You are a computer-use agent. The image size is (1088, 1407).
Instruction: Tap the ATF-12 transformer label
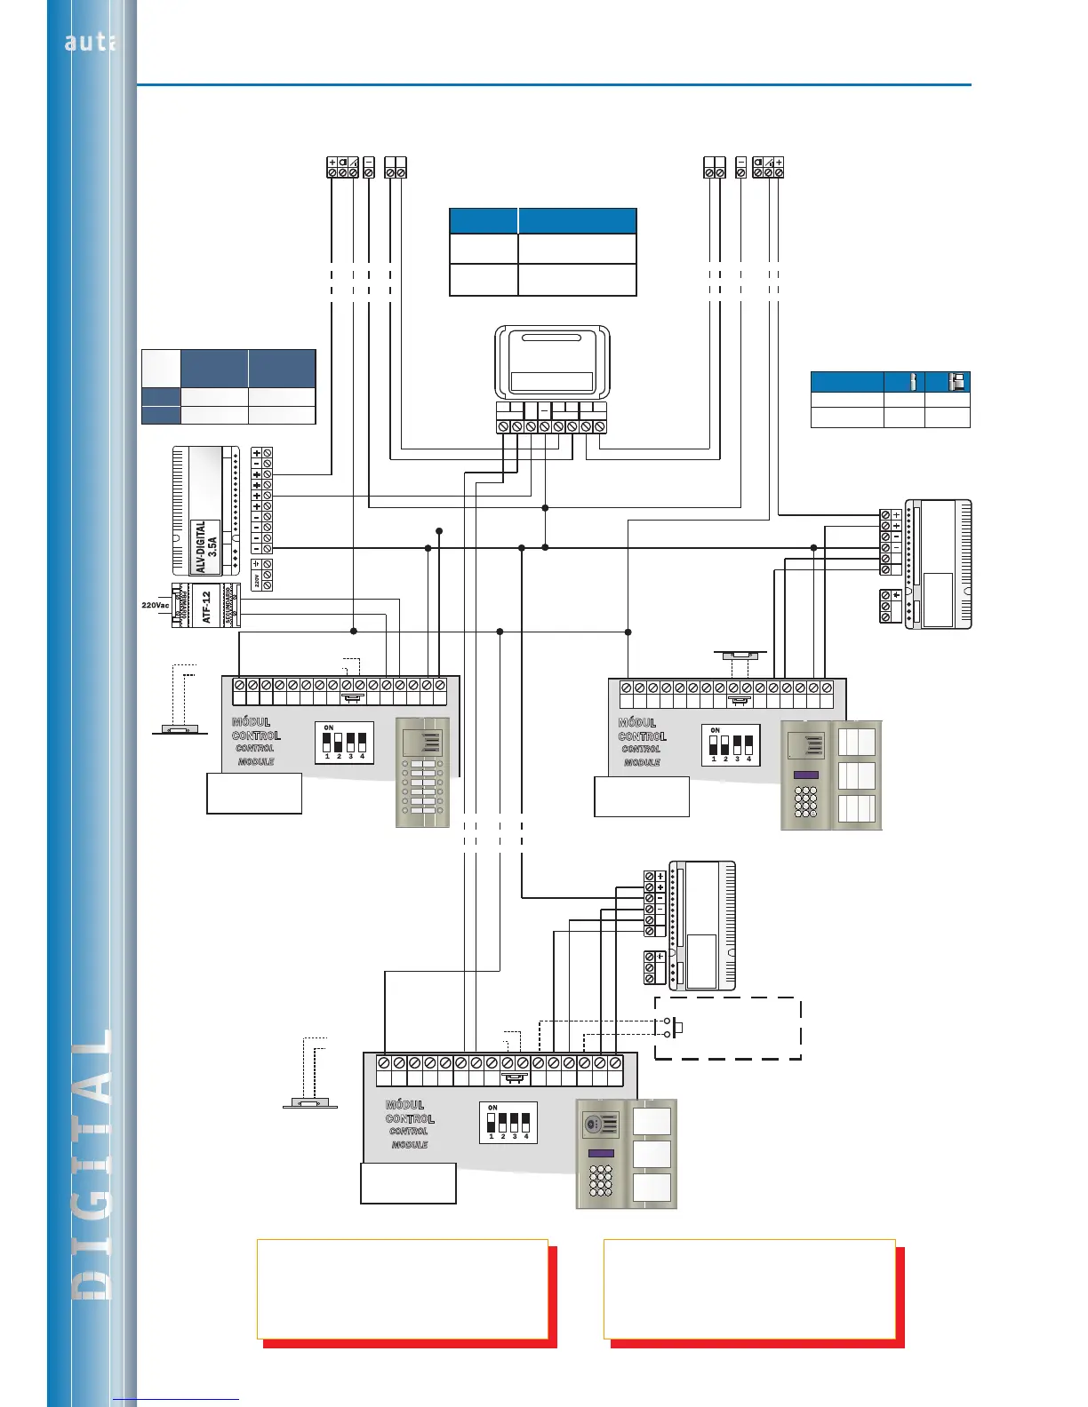(206, 607)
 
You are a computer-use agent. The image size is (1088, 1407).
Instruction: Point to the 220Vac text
(155, 605)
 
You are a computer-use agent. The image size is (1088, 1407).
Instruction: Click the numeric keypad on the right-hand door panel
(805, 801)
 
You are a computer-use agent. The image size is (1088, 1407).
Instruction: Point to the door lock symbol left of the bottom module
(309, 1103)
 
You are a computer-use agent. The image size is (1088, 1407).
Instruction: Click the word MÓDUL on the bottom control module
(404, 1105)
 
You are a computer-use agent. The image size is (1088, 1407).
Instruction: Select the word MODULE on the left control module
(256, 762)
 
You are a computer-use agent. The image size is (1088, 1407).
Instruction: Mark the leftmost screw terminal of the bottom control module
(384, 1062)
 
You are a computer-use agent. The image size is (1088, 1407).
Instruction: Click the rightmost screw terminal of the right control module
(827, 688)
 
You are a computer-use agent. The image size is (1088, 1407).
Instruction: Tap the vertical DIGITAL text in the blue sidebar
(92, 1164)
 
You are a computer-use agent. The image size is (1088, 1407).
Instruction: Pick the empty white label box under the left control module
(254, 793)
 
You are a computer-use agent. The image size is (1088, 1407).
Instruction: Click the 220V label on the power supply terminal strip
(257, 580)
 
